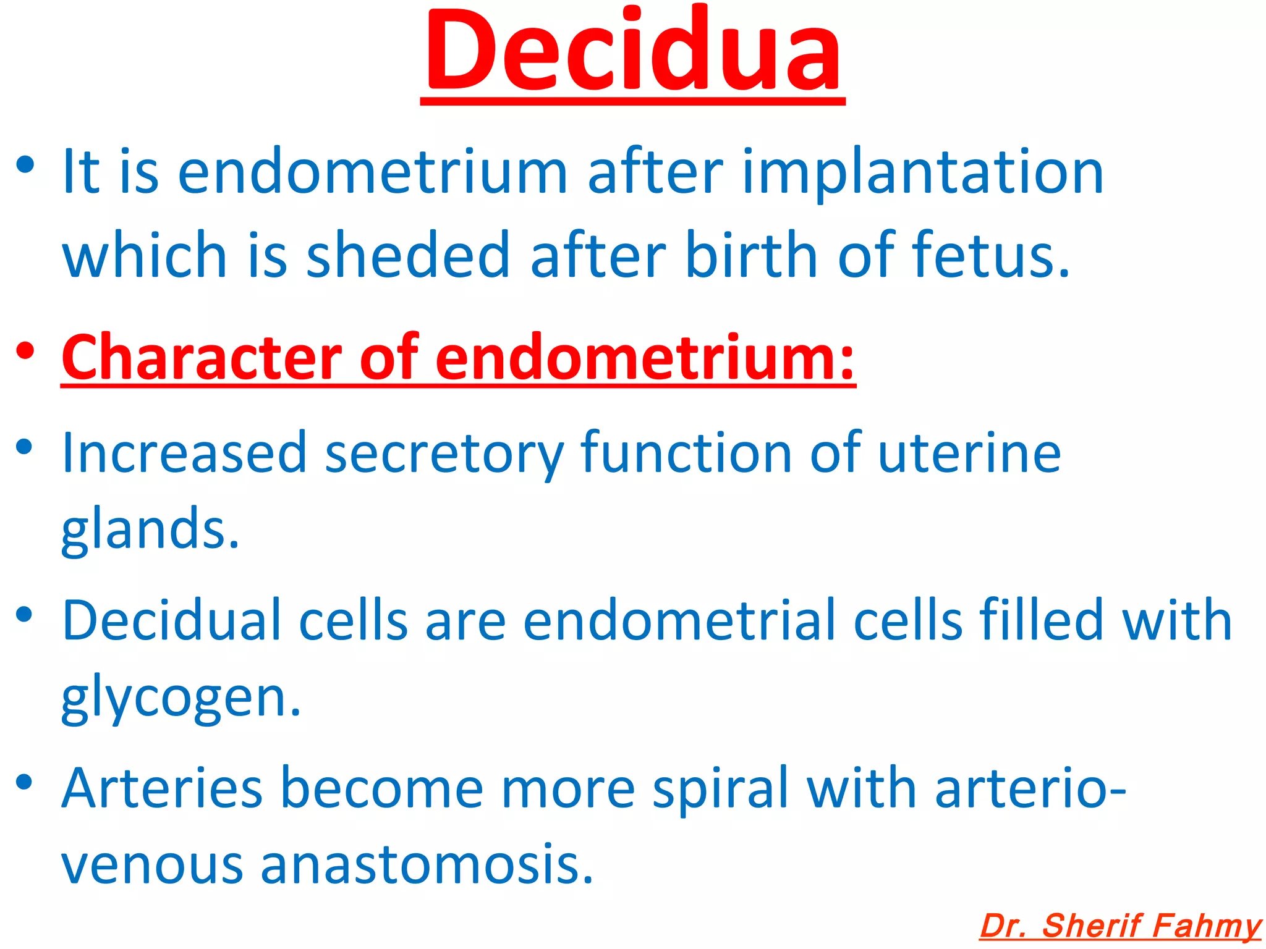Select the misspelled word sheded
[x=408, y=255]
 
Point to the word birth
[x=752, y=255]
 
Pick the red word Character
[x=202, y=358]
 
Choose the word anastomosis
[x=427, y=864]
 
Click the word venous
[x=152, y=864]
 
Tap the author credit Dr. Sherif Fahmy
[x=1120, y=926]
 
